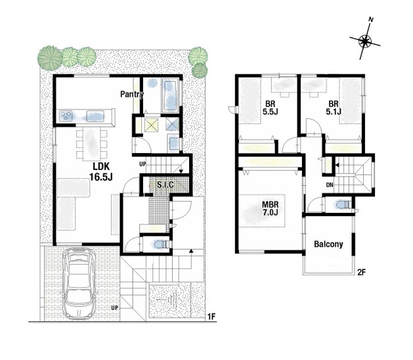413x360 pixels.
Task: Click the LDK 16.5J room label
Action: coord(100,172)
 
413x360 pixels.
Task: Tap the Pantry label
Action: coord(132,94)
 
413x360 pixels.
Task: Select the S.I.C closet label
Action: coord(165,185)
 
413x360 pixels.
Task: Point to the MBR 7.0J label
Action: coord(270,208)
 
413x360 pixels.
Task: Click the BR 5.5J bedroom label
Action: coord(271,108)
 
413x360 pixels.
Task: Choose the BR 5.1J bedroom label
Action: coord(334,108)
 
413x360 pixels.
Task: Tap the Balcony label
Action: coord(328,244)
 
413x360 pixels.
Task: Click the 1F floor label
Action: coord(212,317)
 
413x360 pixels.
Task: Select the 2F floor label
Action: coord(361,272)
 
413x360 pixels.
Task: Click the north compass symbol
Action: coord(365,41)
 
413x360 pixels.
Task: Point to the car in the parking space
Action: coord(78,284)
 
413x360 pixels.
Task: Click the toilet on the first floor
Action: coord(160,244)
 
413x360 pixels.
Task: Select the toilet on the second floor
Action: coord(342,205)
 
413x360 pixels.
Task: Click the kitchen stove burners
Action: coord(66,116)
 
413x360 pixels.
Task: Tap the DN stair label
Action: coord(330,185)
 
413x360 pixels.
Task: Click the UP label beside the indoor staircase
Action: coord(142,164)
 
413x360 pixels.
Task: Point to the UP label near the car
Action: coord(114,307)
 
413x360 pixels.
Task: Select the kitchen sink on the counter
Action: coord(95,116)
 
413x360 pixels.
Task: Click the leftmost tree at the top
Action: coord(49,58)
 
